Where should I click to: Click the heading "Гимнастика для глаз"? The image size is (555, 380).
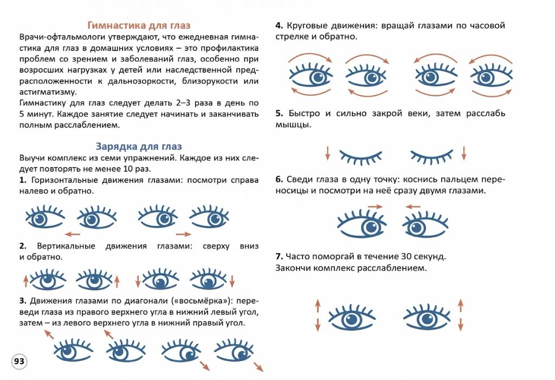point(139,25)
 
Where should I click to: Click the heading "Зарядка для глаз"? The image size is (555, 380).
point(139,146)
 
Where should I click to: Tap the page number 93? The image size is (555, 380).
point(19,361)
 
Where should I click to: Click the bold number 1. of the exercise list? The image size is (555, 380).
point(23,180)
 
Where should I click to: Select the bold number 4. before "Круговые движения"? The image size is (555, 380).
point(279,25)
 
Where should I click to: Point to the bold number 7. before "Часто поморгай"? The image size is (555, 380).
point(279,256)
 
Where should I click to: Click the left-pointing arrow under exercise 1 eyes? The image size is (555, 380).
point(73,234)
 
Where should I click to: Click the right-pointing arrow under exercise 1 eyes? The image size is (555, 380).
point(183,234)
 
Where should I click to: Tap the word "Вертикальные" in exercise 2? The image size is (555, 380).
point(66,246)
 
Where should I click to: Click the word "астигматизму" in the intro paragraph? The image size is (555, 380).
point(48,92)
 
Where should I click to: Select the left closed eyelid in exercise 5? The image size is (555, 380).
point(360,157)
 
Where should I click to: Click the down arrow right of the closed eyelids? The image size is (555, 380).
point(464,153)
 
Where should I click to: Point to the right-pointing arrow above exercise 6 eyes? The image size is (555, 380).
point(375,207)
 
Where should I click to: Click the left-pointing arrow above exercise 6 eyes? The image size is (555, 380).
point(413,207)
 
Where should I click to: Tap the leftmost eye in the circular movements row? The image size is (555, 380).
point(311,75)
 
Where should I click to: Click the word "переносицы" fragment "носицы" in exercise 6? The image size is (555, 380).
point(292,191)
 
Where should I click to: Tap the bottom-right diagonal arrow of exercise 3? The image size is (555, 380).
point(259,367)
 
